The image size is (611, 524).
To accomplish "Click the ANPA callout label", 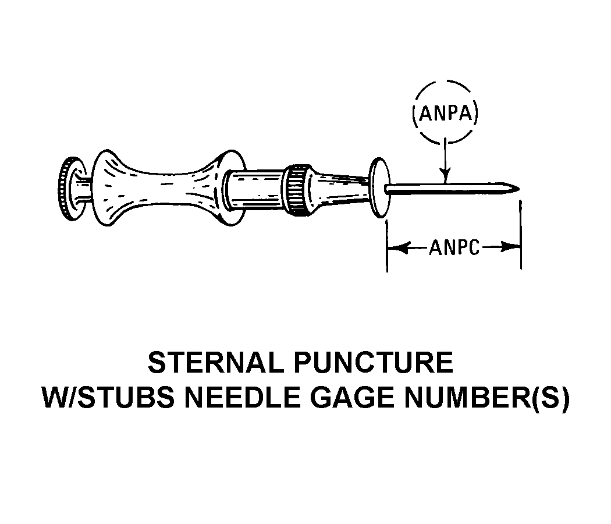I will tap(445, 114).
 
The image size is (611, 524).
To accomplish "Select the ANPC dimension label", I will tap(455, 248).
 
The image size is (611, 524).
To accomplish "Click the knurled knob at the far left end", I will tap(69, 187).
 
